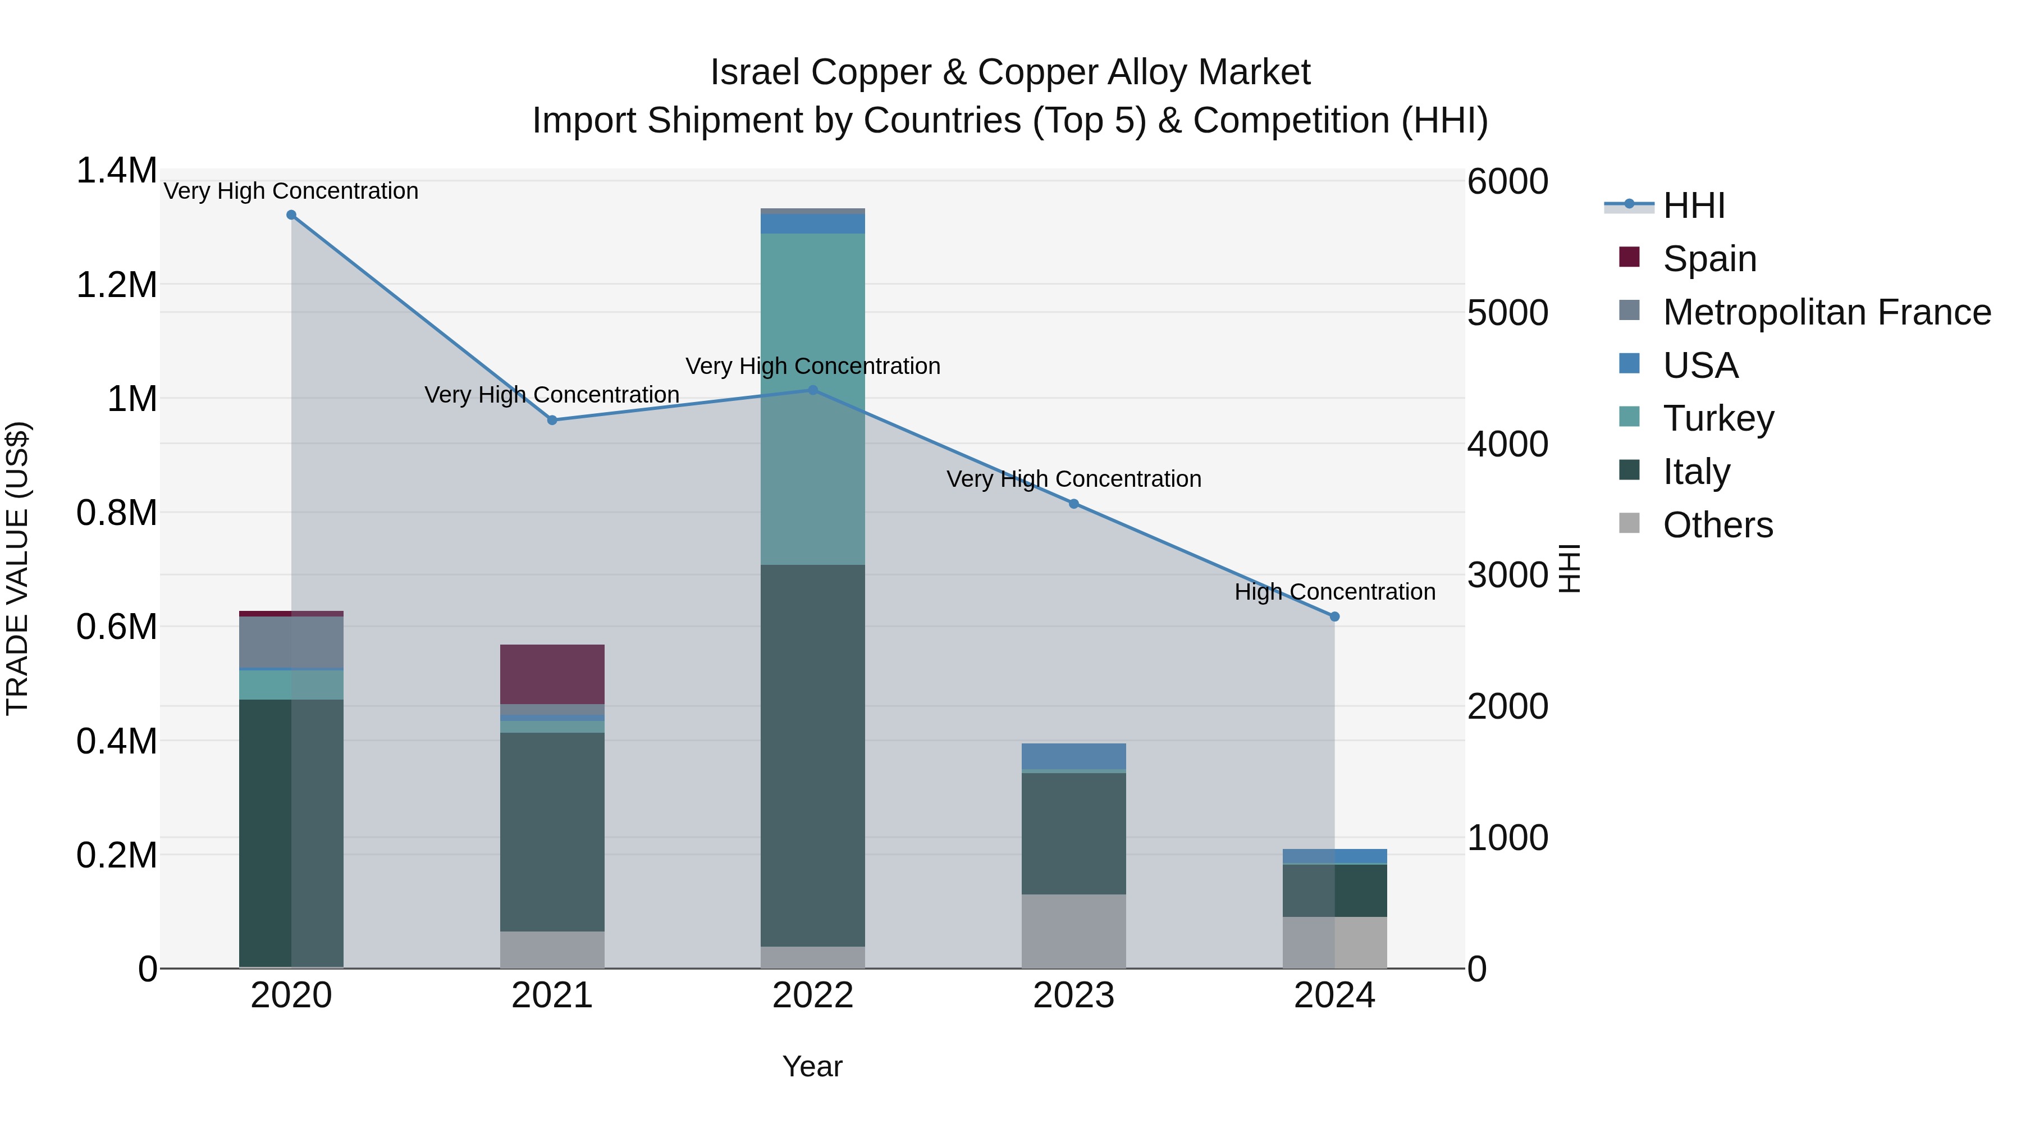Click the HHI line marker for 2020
[291, 215]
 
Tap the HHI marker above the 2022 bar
[813, 390]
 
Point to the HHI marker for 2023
[1074, 504]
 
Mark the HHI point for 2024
[1334, 617]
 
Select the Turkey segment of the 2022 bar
[813, 399]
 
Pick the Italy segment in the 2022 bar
[813, 755]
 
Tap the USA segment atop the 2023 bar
[1074, 756]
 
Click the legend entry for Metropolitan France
[1826, 312]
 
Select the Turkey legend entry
[1718, 418]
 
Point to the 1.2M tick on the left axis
[117, 285]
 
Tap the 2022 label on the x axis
[813, 996]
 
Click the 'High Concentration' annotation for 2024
[1334, 592]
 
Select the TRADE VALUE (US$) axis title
[18, 568]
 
